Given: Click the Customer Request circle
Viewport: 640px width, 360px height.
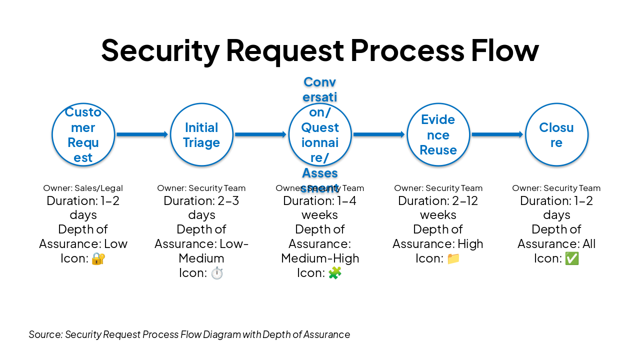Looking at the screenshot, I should [x=83, y=134].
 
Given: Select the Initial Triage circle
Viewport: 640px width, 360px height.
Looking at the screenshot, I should [x=201, y=134].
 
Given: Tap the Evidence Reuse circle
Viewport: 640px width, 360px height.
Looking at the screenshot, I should [x=438, y=134].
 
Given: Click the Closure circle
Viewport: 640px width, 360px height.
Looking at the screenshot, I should [x=556, y=134].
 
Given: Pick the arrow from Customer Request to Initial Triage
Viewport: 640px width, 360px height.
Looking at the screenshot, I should [x=142, y=134].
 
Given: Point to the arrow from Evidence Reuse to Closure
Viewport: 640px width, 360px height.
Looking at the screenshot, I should [x=497, y=134].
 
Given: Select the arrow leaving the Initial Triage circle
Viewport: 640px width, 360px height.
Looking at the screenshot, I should [x=260, y=134].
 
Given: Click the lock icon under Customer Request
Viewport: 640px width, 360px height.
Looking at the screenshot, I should [x=98, y=258].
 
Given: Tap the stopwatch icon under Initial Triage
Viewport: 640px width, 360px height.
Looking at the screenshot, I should [x=216, y=273].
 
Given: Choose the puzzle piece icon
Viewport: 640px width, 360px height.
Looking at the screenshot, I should [x=334, y=273].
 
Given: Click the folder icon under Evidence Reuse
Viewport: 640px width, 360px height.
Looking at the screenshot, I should [x=453, y=258].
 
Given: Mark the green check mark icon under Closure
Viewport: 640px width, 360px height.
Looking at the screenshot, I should [x=571, y=258].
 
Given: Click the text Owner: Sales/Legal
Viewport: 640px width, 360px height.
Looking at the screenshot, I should [x=83, y=188].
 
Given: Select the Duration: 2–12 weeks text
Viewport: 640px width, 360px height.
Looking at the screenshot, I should [x=438, y=207].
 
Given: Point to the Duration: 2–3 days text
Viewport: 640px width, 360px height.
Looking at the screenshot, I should [x=201, y=207].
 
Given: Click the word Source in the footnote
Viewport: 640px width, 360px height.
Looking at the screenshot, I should [x=45, y=334].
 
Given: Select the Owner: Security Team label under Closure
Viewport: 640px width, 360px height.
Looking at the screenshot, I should [x=556, y=188].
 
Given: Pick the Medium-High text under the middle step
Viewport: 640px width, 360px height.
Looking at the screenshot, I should [x=320, y=258].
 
